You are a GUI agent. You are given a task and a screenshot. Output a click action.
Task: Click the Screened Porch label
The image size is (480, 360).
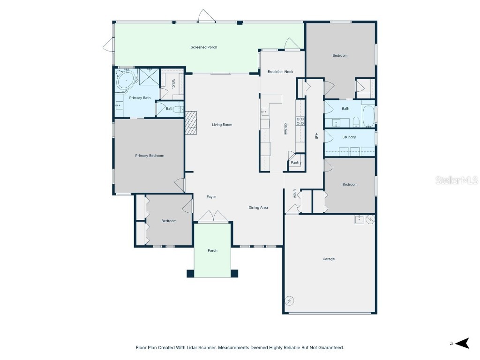[204, 47]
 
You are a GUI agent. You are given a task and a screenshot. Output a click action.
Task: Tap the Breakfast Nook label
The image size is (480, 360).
[280, 72]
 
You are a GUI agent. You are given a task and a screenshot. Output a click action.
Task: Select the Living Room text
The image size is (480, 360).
[222, 125]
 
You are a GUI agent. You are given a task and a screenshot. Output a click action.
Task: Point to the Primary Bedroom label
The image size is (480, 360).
[150, 156]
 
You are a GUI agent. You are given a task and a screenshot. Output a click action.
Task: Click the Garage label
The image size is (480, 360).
[329, 259]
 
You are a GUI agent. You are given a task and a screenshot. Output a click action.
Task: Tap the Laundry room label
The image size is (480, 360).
[349, 137]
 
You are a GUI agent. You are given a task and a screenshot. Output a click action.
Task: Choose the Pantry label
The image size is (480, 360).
[296, 163]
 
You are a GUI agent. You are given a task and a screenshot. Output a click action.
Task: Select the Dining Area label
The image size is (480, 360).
[258, 208]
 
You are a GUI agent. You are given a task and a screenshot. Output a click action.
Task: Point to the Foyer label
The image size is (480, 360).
[211, 197]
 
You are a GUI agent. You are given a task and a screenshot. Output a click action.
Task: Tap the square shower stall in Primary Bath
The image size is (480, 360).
[149, 77]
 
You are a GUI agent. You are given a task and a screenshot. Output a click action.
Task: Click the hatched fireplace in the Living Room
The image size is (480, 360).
[191, 122]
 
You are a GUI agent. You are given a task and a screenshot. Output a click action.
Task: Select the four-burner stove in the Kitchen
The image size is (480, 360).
[300, 121]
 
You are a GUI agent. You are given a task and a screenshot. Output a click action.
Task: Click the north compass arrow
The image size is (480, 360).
[463, 343]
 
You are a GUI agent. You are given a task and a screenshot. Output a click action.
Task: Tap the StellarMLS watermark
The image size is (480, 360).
[457, 180]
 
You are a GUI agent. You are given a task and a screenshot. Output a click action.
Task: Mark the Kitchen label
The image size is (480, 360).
[285, 128]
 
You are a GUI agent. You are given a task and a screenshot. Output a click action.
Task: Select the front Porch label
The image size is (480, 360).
[212, 250]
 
